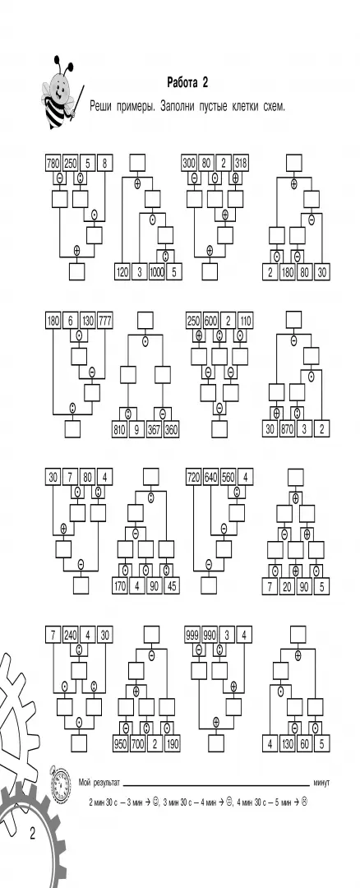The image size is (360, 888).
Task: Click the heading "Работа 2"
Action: click(187, 83)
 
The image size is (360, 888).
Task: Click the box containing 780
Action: click(53, 163)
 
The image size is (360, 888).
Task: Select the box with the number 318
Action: click(241, 163)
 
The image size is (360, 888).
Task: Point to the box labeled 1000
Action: click(157, 271)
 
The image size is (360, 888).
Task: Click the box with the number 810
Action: click(119, 429)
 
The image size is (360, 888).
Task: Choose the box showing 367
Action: click(155, 429)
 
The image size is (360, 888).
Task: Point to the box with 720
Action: click(194, 478)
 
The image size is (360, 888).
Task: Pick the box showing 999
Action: click(193, 635)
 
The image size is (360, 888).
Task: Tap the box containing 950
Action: click(120, 742)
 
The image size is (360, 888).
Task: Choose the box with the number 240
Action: click(70, 635)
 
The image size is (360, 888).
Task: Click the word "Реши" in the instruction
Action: click(101, 105)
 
